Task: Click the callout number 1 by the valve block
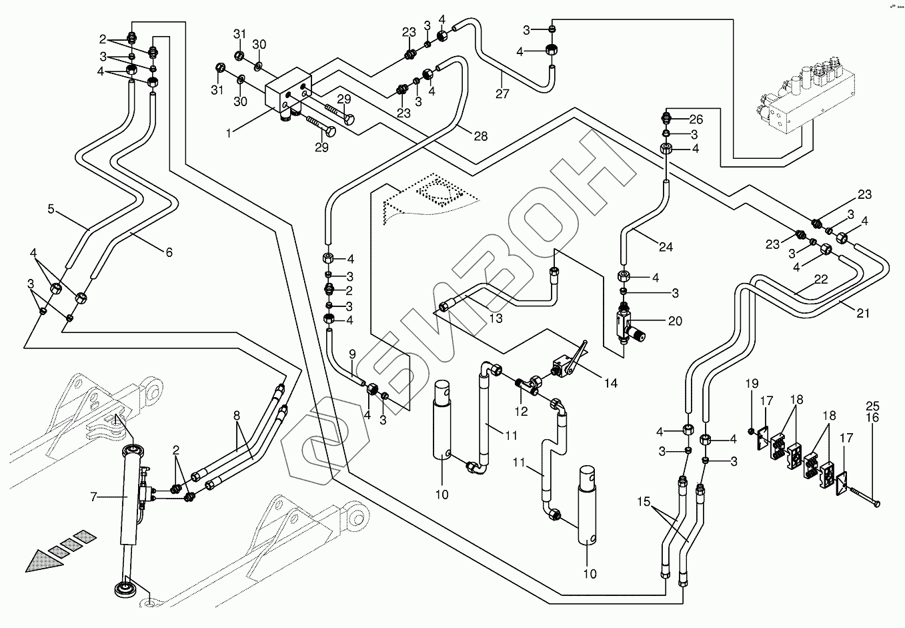pos(229,133)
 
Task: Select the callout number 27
pos(502,94)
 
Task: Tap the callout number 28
pos(480,136)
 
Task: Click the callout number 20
pos(675,321)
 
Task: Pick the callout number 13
pos(496,318)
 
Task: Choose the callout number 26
pos(696,120)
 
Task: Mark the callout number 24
pos(666,247)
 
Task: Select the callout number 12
pos(521,411)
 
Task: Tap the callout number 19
pos(752,384)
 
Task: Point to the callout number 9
pos(351,354)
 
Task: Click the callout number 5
pos(51,209)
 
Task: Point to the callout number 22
pos(820,280)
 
